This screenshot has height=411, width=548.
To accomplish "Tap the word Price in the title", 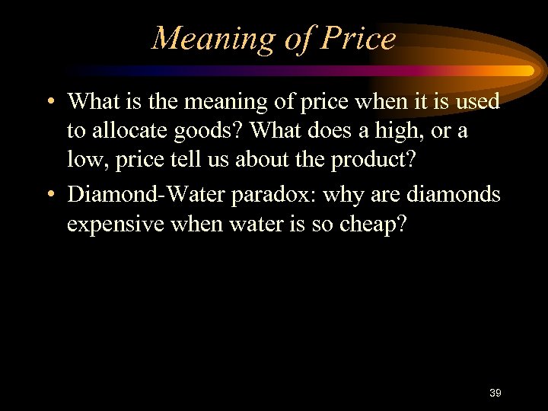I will (x=358, y=38).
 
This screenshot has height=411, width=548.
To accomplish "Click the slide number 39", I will (x=495, y=393).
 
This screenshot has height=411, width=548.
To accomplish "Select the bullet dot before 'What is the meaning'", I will (x=49, y=102).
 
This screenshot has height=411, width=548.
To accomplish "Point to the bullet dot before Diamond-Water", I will (x=49, y=195).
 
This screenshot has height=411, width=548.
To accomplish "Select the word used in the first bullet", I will (x=476, y=102).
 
